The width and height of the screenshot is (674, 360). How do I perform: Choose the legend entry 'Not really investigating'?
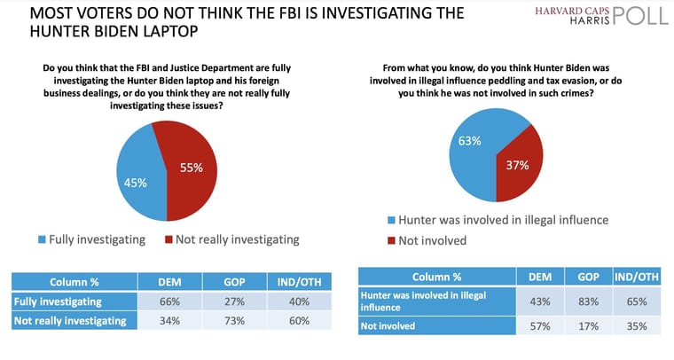tap(232, 239)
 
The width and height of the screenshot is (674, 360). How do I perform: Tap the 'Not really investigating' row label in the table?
tap(70, 321)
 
